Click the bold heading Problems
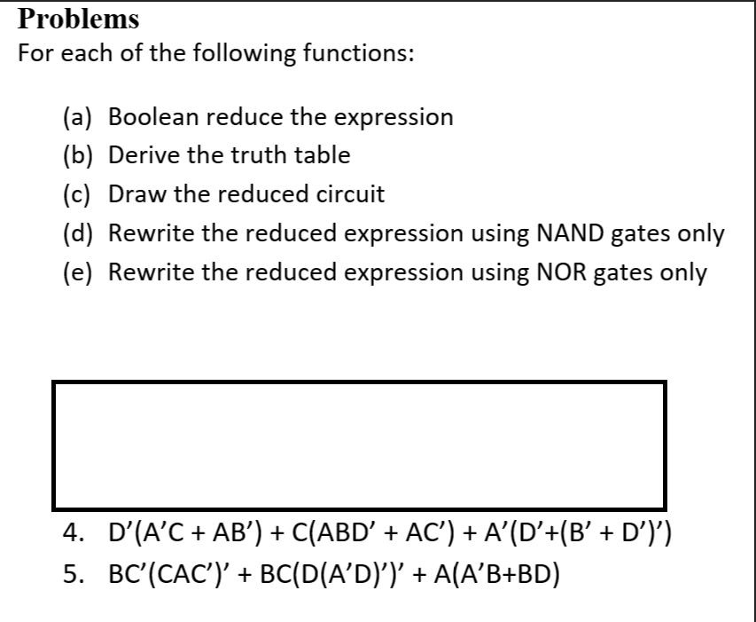click(79, 18)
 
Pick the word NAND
click(567, 232)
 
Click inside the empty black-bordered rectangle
click(359, 444)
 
